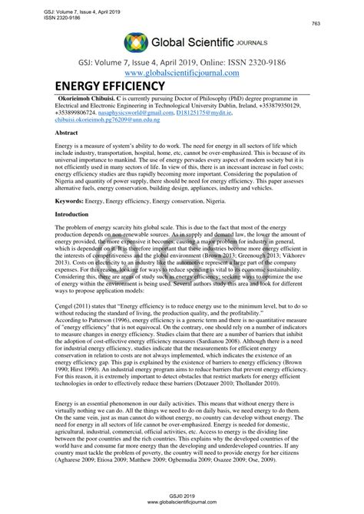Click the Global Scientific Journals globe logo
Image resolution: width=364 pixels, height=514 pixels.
click(x=135, y=43)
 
